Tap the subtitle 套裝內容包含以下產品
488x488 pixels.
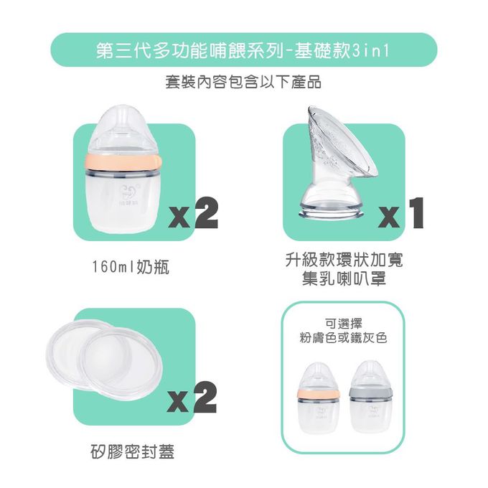point(243,83)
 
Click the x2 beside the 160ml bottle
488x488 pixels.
point(192,213)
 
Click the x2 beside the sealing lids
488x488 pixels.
point(192,398)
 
